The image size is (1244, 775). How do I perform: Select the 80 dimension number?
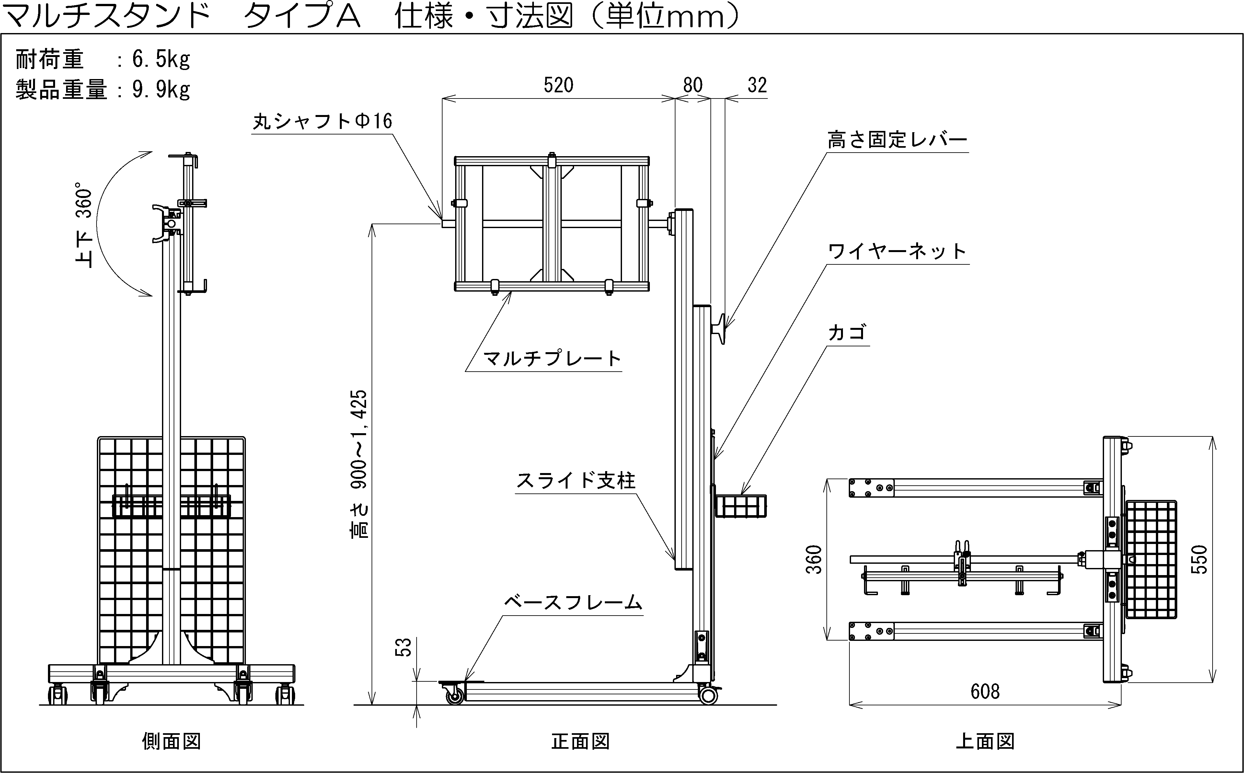(693, 85)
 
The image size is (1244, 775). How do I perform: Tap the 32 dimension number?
(757, 85)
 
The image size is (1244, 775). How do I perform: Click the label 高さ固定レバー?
(897, 139)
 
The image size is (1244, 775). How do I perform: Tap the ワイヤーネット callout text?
(897, 251)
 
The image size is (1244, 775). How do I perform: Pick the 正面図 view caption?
(581, 741)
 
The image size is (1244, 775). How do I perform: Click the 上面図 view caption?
(985, 741)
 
